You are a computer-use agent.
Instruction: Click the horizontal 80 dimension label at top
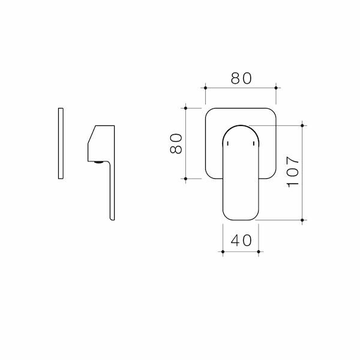click(x=241, y=78)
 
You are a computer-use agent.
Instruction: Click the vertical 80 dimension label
click(x=176, y=143)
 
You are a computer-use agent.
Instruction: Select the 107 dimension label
click(x=293, y=172)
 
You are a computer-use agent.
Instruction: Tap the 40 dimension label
click(x=241, y=241)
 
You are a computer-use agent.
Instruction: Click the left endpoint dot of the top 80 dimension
click(x=205, y=88)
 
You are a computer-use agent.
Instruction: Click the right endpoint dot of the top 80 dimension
click(x=276, y=88)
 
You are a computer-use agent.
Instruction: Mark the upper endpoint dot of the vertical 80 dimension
click(x=186, y=108)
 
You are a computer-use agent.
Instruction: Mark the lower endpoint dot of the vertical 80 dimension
click(x=186, y=179)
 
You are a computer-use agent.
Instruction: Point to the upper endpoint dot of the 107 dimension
click(x=302, y=125)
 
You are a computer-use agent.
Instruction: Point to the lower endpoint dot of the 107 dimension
click(x=302, y=220)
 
